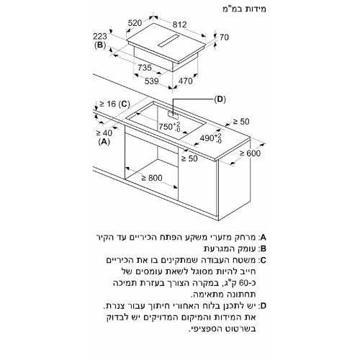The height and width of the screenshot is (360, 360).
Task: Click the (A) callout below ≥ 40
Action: (104, 143)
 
